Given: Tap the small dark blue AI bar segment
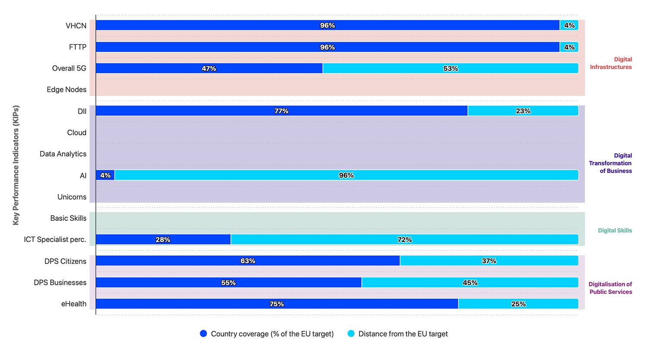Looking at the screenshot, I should coord(105,175).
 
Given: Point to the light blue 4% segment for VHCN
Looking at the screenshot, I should coord(569,25).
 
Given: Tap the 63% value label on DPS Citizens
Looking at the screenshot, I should coord(248,261).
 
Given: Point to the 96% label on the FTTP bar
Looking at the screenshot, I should coord(327,47).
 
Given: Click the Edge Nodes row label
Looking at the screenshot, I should coord(67,89).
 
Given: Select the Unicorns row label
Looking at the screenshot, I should coord(72,197).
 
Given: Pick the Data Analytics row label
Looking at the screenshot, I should coord(63,154).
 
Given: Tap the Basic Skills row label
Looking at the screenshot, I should coord(68,218).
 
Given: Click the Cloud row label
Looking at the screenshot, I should coord(76,133).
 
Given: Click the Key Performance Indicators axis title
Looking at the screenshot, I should coord(16,165).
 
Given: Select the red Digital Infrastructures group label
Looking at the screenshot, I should coord(611,63).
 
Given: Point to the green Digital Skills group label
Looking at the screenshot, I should coord(615,230).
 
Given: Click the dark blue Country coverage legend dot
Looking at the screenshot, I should coord(203,334).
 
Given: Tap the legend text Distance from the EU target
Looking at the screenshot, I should coord(403,334).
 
